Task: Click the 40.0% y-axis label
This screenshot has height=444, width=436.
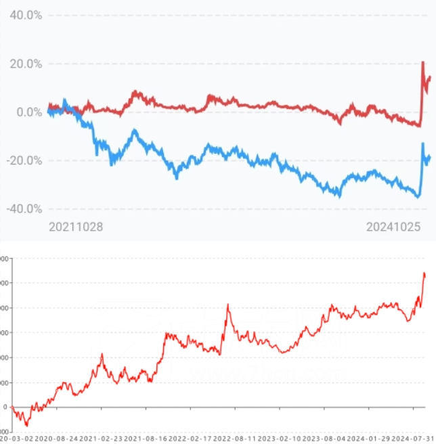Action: tap(25, 15)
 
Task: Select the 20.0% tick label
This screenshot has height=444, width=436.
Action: tap(25, 64)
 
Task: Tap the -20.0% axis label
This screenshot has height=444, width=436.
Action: tap(24, 160)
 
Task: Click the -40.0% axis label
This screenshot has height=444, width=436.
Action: tap(24, 208)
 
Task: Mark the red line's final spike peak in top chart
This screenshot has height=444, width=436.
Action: tap(423, 62)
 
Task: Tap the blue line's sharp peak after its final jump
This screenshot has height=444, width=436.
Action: tap(423, 143)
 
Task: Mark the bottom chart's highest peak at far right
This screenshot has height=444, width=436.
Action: tap(424, 273)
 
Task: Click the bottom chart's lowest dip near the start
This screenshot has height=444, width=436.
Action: tap(27, 425)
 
